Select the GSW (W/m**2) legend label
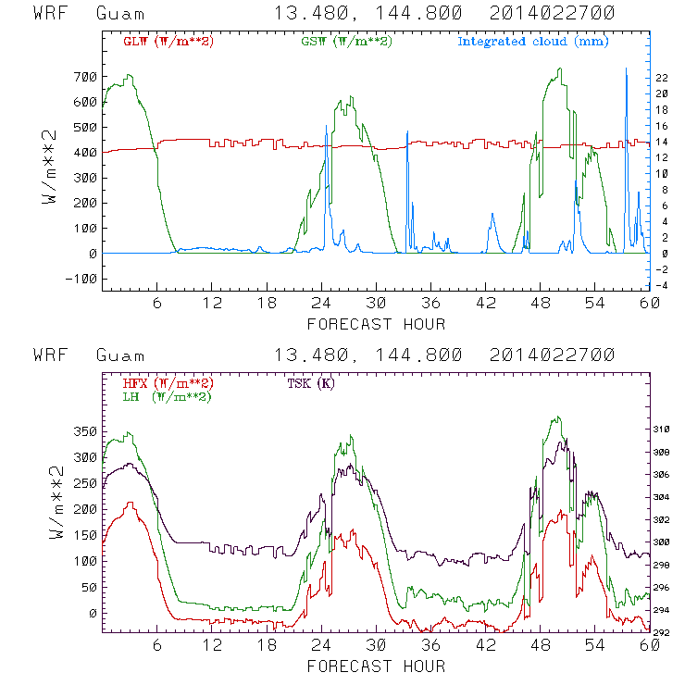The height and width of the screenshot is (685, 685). click(x=346, y=42)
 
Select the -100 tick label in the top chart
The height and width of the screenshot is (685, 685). click(x=81, y=279)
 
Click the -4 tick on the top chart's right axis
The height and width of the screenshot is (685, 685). click(x=662, y=285)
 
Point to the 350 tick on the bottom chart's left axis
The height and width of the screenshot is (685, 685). click(x=86, y=431)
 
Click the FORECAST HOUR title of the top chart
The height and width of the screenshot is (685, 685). click(x=376, y=324)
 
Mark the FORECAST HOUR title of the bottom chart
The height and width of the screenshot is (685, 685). click(x=376, y=666)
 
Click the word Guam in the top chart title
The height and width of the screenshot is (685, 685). click(x=118, y=15)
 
